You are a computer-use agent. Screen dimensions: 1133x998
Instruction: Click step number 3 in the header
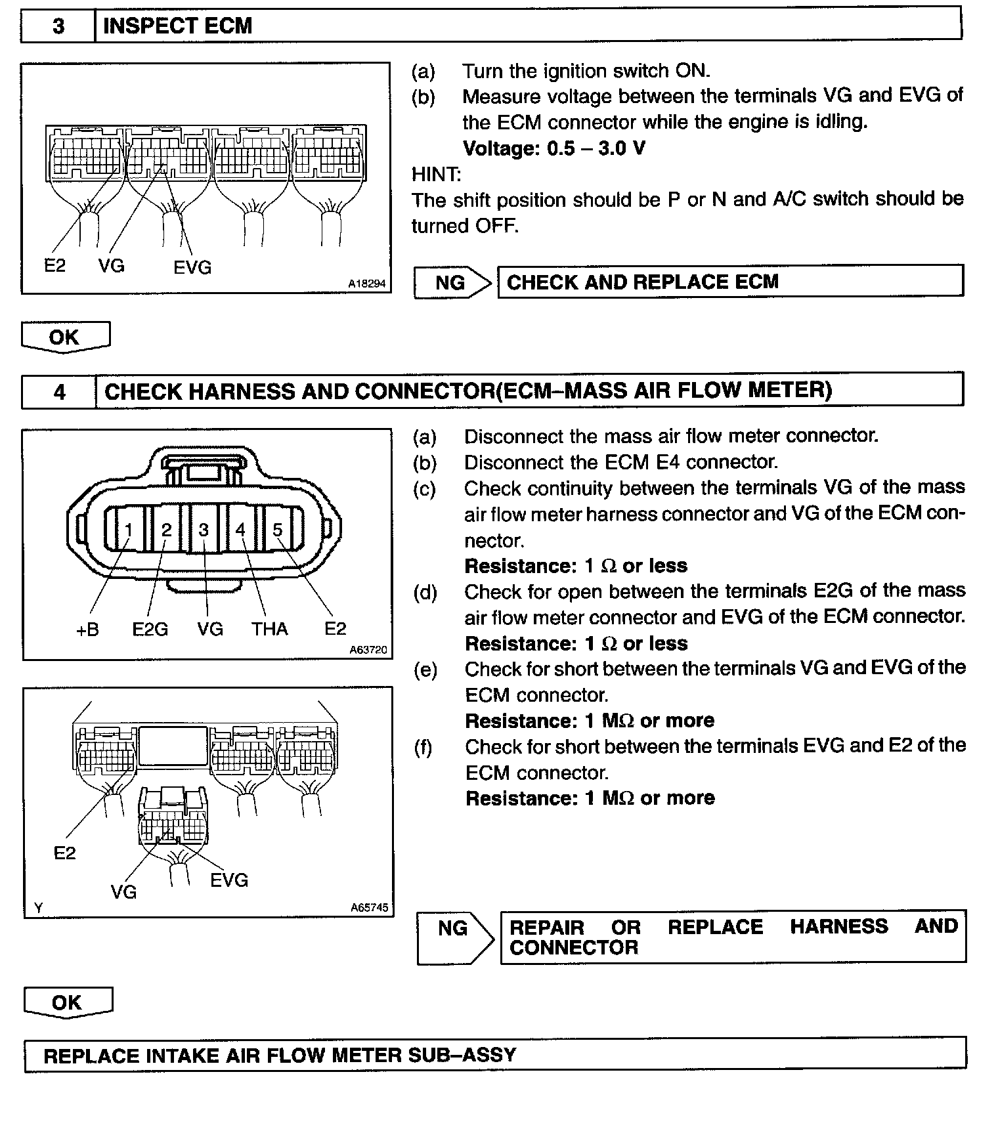tap(58, 26)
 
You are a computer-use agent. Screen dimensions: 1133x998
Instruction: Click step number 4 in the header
tap(59, 392)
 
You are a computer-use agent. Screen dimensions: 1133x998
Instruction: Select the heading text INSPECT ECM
tap(177, 26)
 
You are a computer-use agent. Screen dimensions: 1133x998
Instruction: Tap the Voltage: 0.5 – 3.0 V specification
tap(553, 148)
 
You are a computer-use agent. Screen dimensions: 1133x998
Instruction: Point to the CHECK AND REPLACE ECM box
tap(730, 282)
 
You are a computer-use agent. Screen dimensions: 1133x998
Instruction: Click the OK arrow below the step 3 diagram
tap(65, 337)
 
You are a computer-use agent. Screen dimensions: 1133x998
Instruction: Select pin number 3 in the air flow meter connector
tap(204, 530)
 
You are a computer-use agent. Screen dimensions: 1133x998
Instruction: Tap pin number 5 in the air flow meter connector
tap(278, 530)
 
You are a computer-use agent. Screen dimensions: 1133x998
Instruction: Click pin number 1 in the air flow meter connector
tap(129, 530)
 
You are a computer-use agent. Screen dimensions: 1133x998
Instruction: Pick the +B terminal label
tap(87, 630)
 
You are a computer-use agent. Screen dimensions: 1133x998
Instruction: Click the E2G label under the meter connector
tap(150, 630)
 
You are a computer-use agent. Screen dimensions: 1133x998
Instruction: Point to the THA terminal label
tap(269, 630)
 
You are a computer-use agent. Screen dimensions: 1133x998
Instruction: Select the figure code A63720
tap(368, 650)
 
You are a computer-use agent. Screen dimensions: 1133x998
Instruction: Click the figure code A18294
tap(366, 284)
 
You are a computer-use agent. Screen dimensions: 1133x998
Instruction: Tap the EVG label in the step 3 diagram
tap(192, 268)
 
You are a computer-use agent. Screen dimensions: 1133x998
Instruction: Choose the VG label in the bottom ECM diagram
tap(123, 891)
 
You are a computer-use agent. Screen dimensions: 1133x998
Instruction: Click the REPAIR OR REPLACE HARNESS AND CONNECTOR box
tap(733, 937)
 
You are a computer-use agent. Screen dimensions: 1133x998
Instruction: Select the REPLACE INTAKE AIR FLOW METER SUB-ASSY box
tap(495, 1056)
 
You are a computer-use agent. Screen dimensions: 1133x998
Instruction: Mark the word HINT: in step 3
tap(436, 175)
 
